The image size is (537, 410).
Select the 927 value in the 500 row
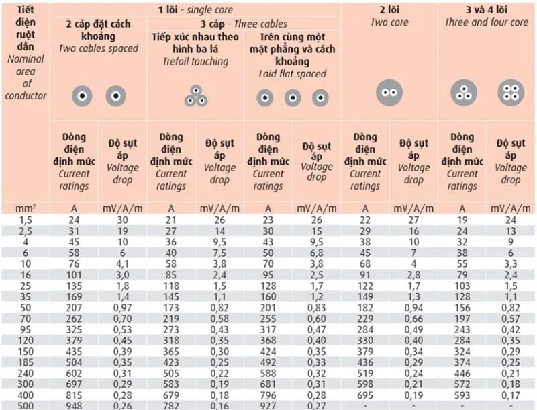tap(268, 405)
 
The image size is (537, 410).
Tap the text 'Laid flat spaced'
tap(293, 74)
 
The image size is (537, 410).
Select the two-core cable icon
tap(389, 93)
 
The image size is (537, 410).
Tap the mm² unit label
tap(25, 208)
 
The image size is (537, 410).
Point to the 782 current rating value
tap(170, 405)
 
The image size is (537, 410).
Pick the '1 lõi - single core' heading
tap(195, 9)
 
